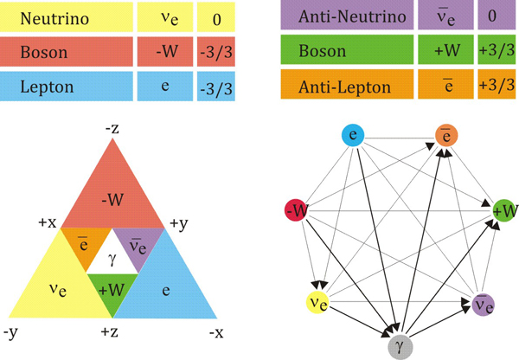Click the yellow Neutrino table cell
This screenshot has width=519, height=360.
[67, 16]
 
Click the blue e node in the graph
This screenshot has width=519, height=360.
[352, 135]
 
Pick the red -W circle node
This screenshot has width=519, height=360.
[297, 210]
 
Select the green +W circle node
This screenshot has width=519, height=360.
[503, 210]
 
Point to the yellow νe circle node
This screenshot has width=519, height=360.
[317, 303]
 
